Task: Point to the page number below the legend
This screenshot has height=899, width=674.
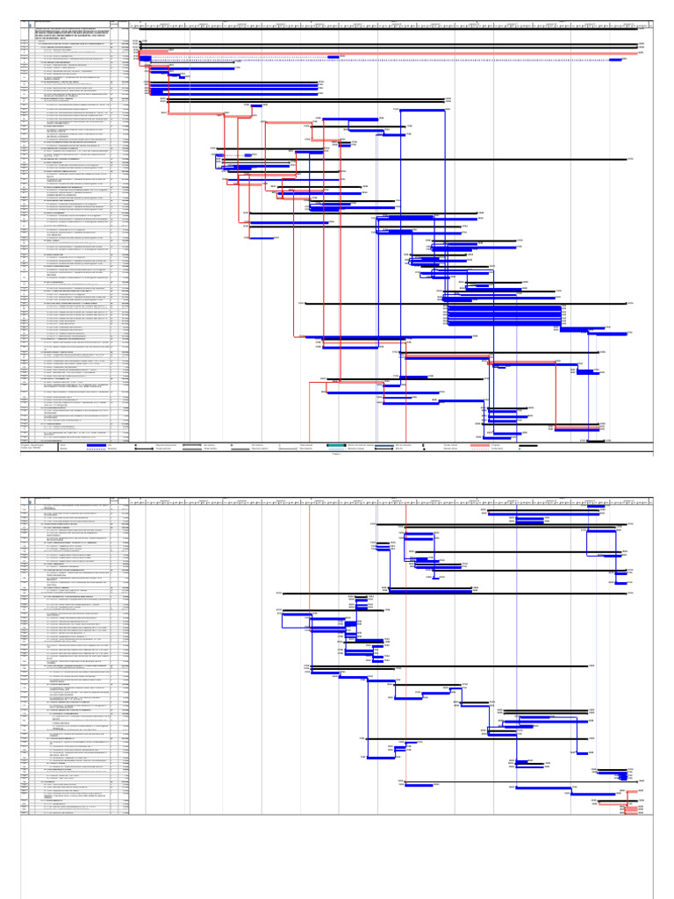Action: (x=337, y=454)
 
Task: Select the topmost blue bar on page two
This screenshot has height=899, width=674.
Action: (x=544, y=507)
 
